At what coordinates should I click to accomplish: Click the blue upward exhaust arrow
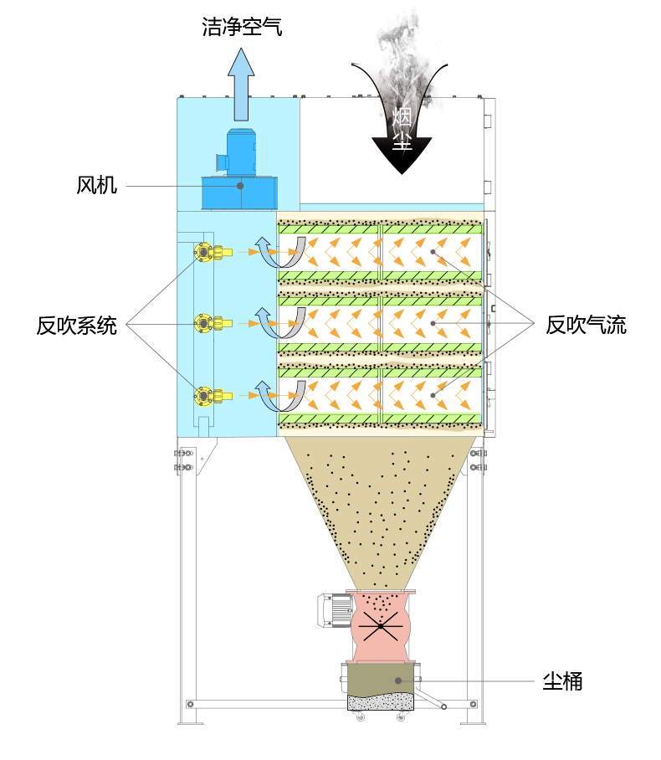241,84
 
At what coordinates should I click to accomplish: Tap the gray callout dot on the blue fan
240,186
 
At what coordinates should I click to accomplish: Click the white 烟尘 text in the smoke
402,128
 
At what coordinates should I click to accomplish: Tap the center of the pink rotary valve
381,625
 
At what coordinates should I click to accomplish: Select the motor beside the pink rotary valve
334,610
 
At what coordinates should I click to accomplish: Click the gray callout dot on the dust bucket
398,680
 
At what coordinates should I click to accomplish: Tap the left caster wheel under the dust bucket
361,716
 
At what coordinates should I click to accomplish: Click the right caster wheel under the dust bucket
402,716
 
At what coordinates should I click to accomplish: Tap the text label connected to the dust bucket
562,681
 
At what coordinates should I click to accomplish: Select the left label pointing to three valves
77,325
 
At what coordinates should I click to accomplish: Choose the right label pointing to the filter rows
586,325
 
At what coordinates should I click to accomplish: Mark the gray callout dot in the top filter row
433,251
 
